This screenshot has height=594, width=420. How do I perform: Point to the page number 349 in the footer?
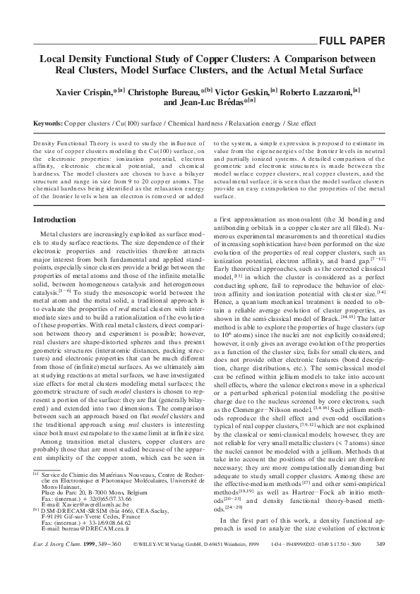(x=379, y=563)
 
